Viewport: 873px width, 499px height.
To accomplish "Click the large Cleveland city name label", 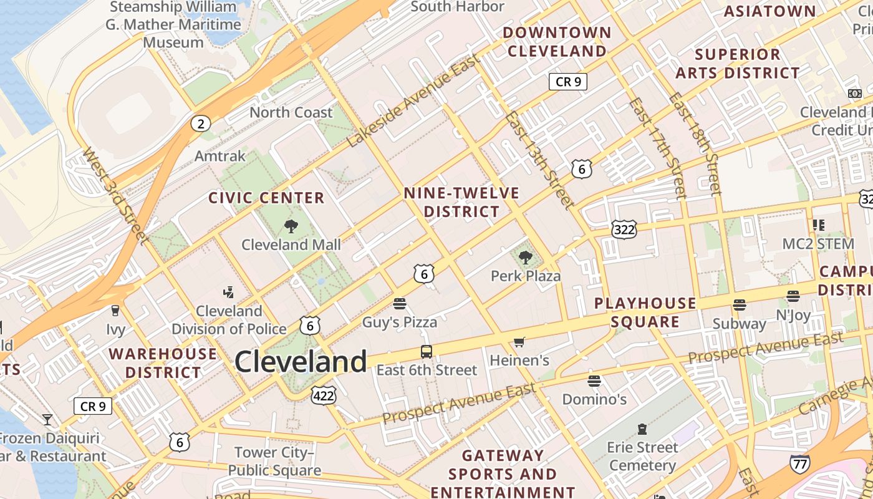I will coord(301,362).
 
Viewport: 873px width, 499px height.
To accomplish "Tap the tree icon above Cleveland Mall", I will coord(291,226).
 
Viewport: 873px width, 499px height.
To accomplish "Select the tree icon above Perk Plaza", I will coord(526,257).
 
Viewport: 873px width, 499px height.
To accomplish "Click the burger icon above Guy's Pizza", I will coord(400,304).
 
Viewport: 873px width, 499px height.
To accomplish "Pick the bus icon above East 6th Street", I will coord(427,352).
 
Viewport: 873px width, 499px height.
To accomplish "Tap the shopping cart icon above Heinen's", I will coord(519,342).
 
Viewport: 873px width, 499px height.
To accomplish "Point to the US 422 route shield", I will coord(324,395).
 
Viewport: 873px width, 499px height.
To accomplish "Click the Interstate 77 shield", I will coord(800,463).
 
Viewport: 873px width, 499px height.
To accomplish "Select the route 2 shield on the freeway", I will coord(200,124).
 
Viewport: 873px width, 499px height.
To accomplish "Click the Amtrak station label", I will coord(220,155).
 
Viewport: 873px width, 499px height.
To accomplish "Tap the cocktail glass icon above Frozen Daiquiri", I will coord(47,419).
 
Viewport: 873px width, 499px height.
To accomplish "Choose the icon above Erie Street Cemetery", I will coord(642,429).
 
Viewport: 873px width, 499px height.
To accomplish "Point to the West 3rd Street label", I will coord(115,196).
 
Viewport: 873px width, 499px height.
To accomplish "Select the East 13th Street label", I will coord(539,160).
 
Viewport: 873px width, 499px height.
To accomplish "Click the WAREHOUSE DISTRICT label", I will coord(163,363).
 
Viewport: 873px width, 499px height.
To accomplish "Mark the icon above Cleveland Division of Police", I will coord(229,292).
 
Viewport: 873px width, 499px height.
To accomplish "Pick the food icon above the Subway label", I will coord(740,305).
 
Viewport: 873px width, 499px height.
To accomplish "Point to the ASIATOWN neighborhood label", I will coord(769,11).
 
